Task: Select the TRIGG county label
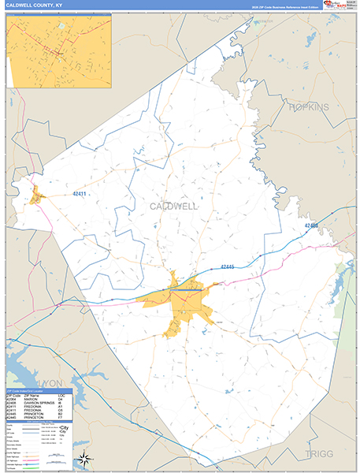tap(317, 455)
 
